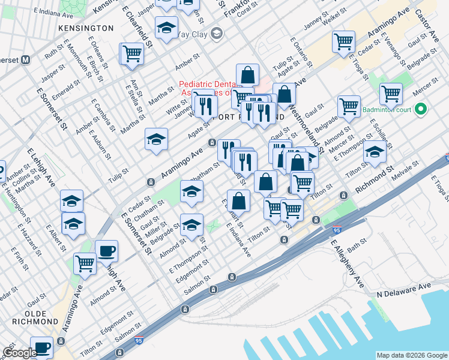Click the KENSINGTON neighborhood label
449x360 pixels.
pyautogui.click(x=86, y=28)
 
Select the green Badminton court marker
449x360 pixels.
pyautogui.click(x=420, y=109)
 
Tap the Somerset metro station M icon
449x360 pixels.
pyautogui.click(x=26, y=60)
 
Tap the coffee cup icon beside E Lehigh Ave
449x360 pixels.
pyautogui.click(x=107, y=252)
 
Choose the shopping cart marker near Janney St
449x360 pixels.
pyautogui.click(x=343, y=42)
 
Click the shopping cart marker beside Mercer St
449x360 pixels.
pyautogui.click(x=391, y=94)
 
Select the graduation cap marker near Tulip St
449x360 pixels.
pyautogui.click(x=156, y=140)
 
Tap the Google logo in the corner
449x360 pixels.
pyautogui.click(x=20, y=353)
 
